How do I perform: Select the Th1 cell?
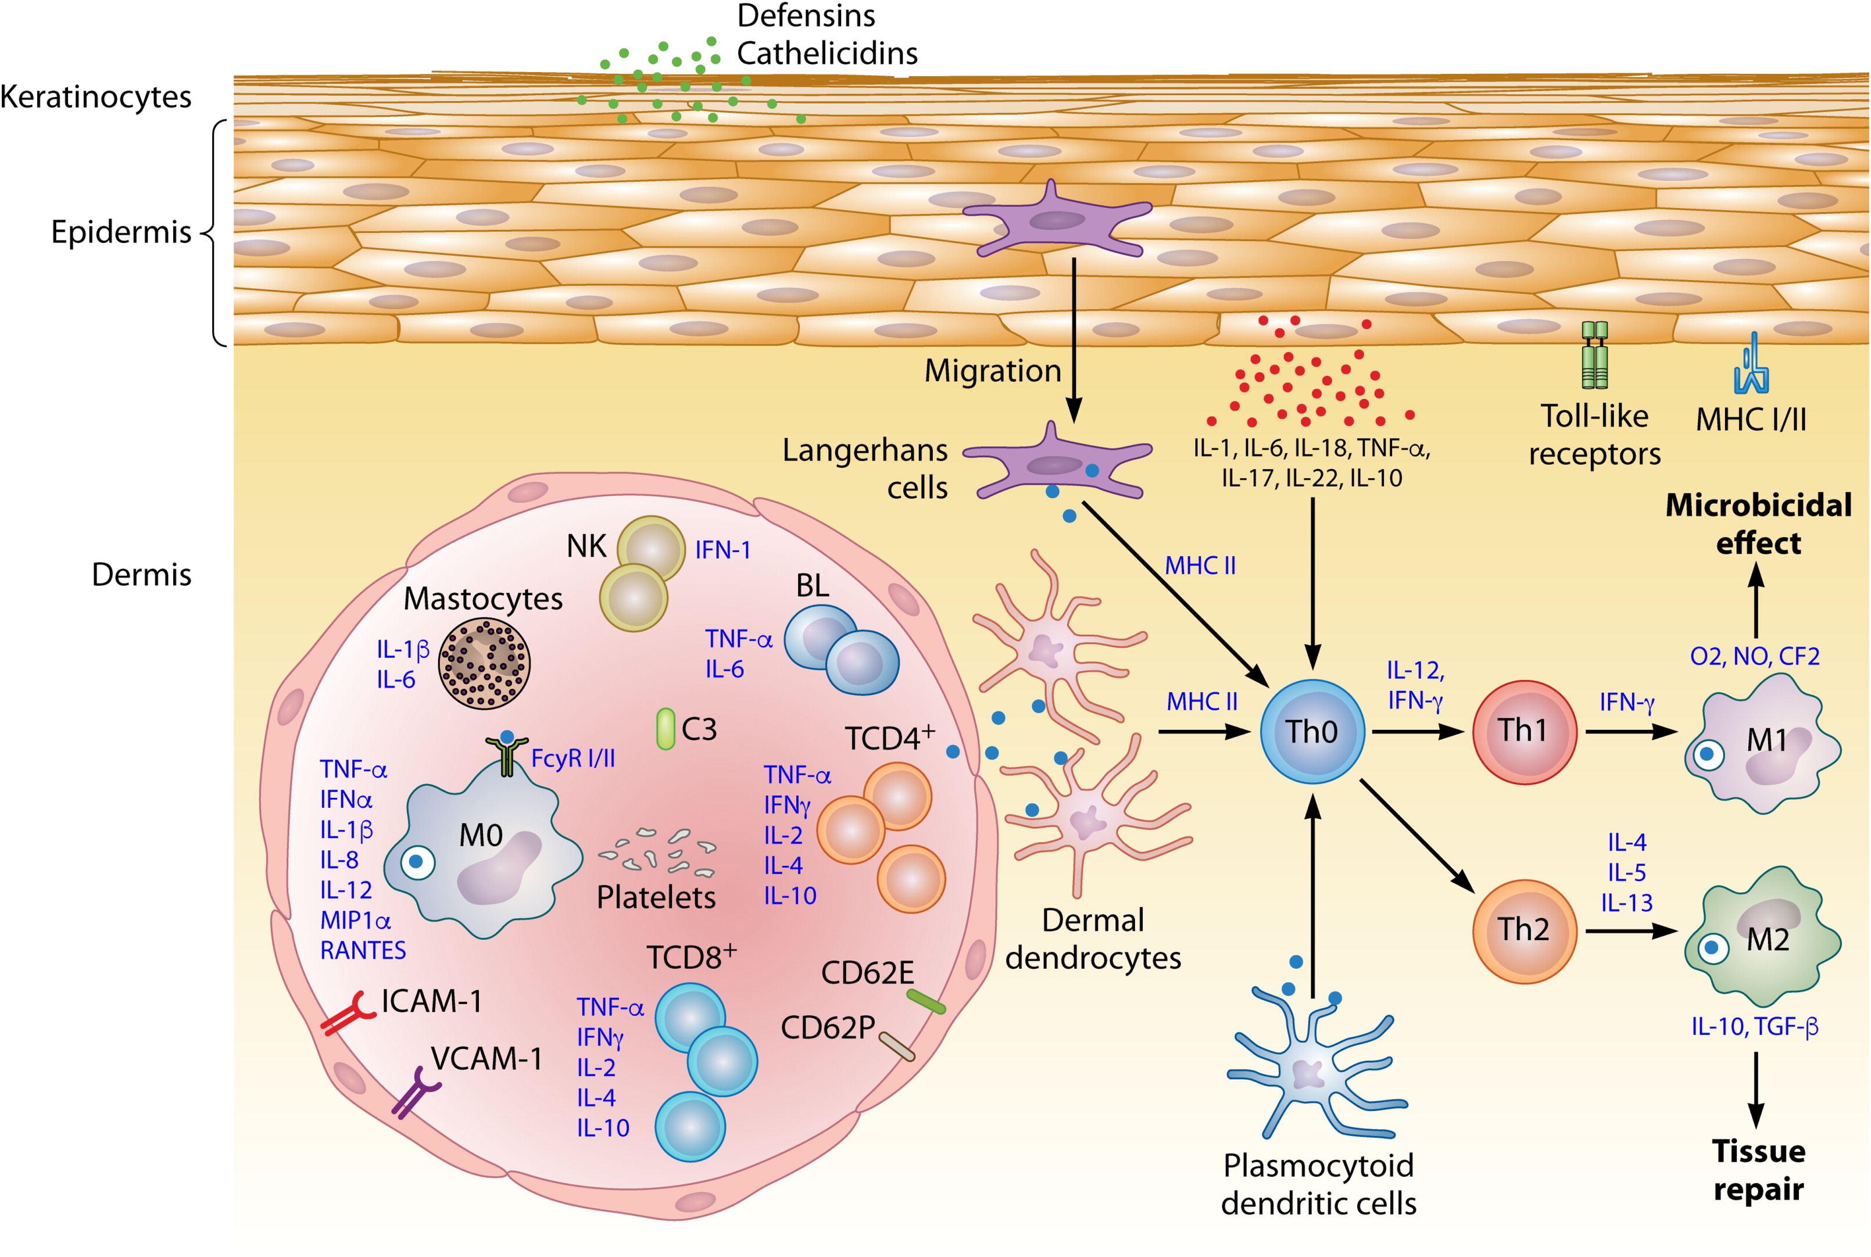coord(1524,731)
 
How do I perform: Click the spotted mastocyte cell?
coord(484,663)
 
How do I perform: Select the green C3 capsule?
coord(666,729)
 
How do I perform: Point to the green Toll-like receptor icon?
coord(1594,355)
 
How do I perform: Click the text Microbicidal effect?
coord(1758,524)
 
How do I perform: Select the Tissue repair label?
coord(1758,1170)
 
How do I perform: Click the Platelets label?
coord(656,897)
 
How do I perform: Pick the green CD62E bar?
coord(926,1001)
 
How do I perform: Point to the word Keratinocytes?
coord(95,97)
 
